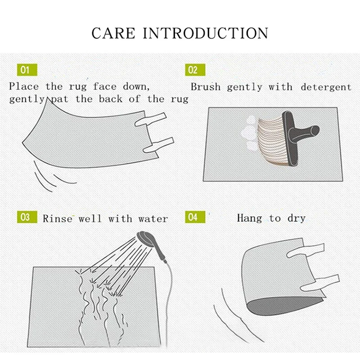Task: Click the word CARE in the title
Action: point(113,33)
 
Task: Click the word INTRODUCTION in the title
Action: point(206,33)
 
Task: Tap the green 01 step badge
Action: point(27,70)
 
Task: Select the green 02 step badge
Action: point(195,70)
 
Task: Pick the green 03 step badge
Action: point(27,217)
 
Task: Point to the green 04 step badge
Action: point(195,217)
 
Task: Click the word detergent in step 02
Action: point(326,87)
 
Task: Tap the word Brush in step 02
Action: point(206,87)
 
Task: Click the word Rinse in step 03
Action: point(58,219)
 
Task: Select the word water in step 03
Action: point(153,219)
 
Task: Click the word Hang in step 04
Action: point(249,218)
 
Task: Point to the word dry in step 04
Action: point(297,219)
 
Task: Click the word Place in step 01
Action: point(24,86)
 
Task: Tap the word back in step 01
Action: point(111,99)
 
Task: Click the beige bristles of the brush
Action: point(271,140)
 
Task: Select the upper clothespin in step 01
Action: point(150,119)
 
